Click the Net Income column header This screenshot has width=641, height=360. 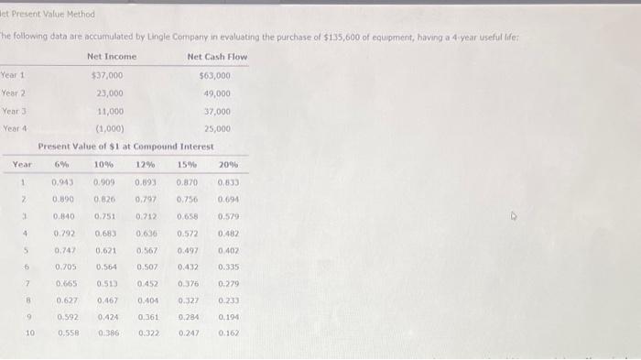[x=112, y=57]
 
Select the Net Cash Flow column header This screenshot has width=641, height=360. [x=217, y=57]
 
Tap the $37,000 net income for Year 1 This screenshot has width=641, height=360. [x=108, y=75]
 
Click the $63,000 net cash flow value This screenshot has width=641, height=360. [x=214, y=75]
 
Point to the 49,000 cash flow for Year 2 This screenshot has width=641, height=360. [x=217, y=93]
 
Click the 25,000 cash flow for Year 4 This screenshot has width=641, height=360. [x=217, y=128]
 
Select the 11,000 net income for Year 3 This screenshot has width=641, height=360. [x=111, y=111]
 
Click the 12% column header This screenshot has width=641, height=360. [x=146, y=165]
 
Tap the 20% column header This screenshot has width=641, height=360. [x=228, y=165]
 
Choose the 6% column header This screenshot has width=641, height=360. [x=62, y=165]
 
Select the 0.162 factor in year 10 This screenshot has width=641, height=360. [x=229, y=333]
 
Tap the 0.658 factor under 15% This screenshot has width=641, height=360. [x=187, y=217]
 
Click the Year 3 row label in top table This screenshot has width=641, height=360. [x=13, y=111]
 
